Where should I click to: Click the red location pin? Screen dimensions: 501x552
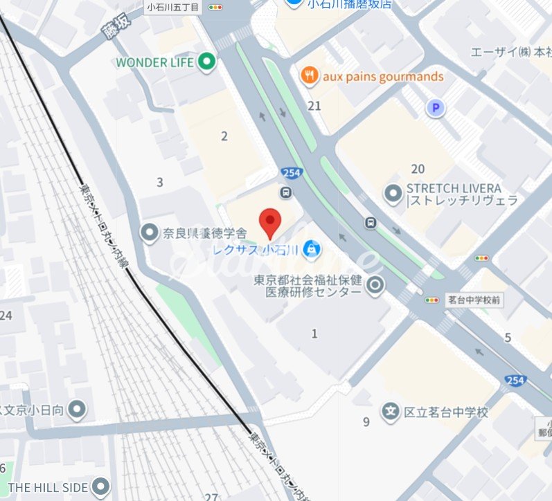pos(269,221)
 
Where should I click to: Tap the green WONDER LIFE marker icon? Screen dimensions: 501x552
pos(206,62)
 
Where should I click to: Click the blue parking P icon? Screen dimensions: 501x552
pos(435,108)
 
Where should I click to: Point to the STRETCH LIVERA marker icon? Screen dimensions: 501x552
pos(394,194)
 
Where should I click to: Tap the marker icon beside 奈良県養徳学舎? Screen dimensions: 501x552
pos(149,233)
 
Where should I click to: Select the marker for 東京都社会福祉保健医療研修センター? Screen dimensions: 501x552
pos(375,284)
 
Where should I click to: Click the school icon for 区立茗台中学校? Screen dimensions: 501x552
pos(391,412)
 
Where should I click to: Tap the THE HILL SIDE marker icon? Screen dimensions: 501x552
pos(102,486)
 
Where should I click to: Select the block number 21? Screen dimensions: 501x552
pos(315,105)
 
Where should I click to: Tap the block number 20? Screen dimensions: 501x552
pos(418,169)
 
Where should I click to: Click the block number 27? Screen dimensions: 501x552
pos(211,496)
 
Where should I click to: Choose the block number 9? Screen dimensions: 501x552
pos(366,421)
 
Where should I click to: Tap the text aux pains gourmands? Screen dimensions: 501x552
pos(383,76)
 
